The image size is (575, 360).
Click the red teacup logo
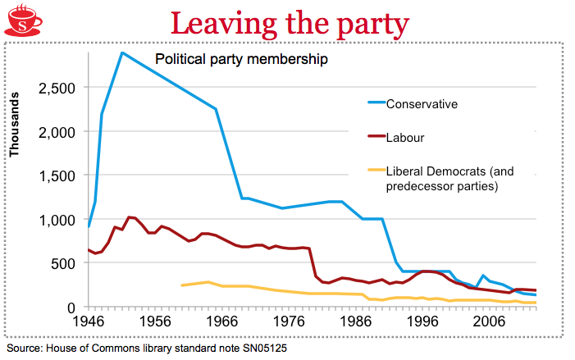[22, 21]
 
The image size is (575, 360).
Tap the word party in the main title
[367, 25]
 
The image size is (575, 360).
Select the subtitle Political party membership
[242, 59]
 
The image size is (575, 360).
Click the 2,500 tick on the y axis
[58, 88]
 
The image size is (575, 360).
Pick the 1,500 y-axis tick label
[58, 175]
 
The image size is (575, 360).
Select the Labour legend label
[405, 138]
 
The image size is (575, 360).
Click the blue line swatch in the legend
[374, 104]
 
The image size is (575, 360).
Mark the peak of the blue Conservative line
[121, 52]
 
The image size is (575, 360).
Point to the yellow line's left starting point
[181, 285]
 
